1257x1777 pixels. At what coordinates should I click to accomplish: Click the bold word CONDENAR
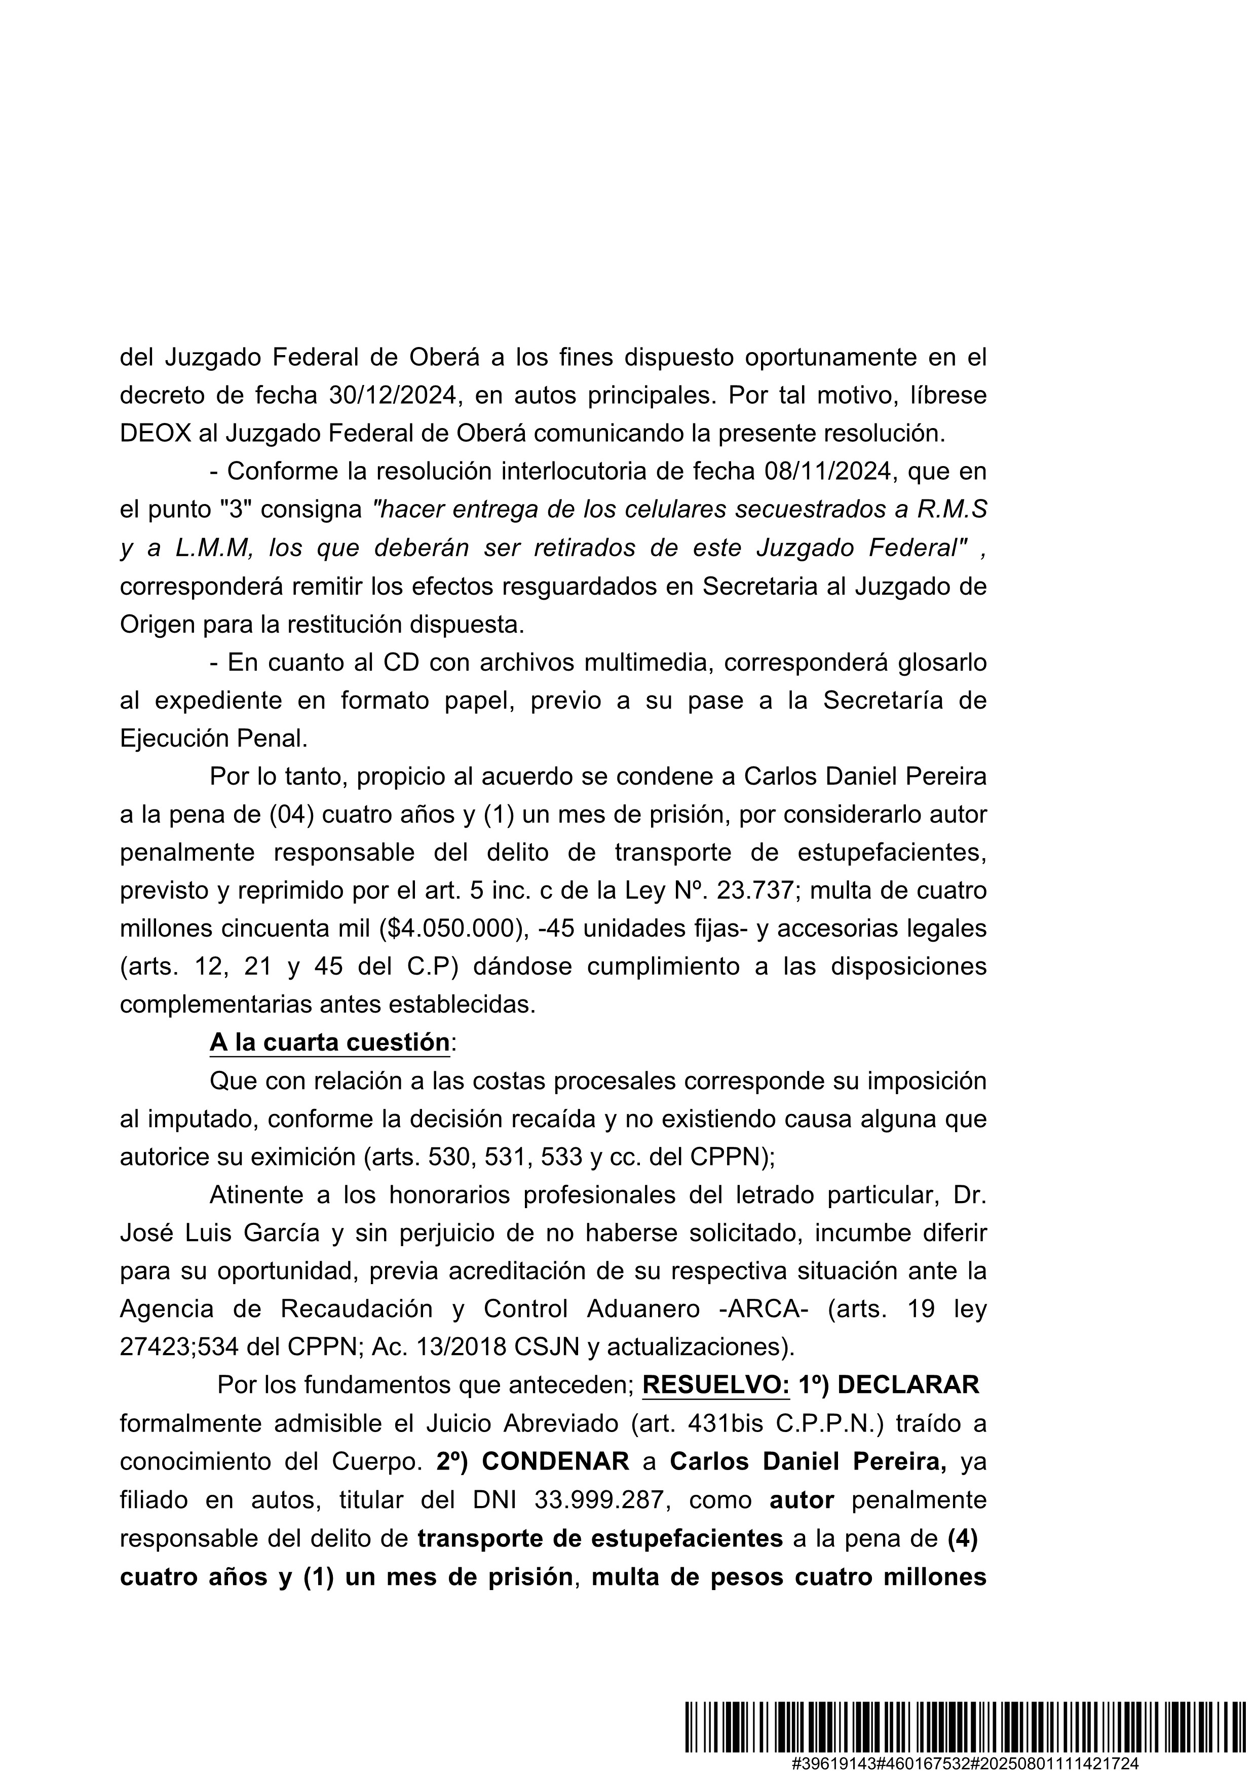point(556,1461)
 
